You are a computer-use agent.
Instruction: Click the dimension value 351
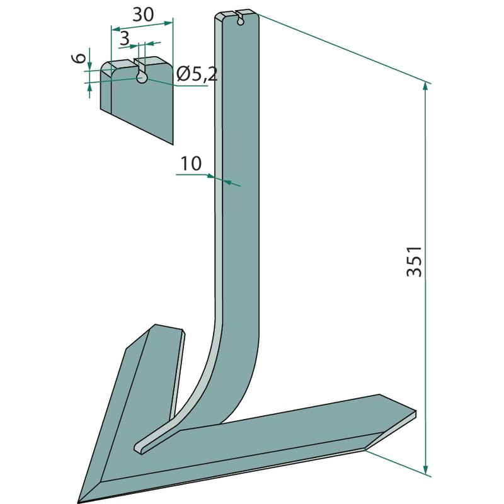[x=415, y=261]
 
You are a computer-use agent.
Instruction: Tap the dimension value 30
[x=144, y=14]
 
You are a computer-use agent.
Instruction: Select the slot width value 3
[x=124, y=38]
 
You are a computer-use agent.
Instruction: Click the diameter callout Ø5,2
[x=197, y=75]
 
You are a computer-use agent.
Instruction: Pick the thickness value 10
[x=192, y=163]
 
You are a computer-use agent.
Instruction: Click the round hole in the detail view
[x=141, y=77]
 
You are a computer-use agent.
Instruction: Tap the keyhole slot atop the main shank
[x=241, y=19]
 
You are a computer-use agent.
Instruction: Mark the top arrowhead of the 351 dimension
[x=426, y=87]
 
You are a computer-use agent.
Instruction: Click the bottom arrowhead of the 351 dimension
[x=426, y=470]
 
